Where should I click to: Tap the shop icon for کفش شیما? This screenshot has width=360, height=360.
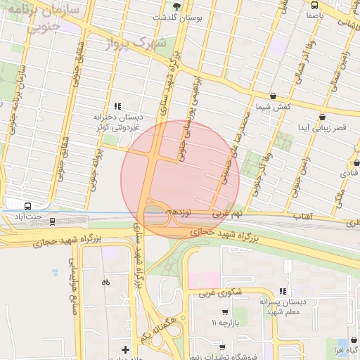(273, 96)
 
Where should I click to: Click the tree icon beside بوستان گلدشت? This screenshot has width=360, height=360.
(176, 6)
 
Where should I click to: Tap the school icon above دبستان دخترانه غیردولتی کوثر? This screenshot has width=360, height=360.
(126, 105)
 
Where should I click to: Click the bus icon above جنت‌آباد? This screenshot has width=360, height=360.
(27, 207)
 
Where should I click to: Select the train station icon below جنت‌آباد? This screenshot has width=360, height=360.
(53, 221)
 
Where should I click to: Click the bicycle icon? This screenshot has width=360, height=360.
(105, 282)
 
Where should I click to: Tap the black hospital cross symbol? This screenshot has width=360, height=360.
(125, 349)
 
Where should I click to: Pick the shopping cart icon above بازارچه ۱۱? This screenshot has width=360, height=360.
(224, 311)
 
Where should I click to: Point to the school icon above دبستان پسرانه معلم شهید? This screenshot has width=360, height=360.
(283, 290)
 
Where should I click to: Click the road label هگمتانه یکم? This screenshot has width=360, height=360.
(155, 330)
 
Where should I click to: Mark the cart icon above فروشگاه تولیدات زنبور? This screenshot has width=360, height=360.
(222, 347)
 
